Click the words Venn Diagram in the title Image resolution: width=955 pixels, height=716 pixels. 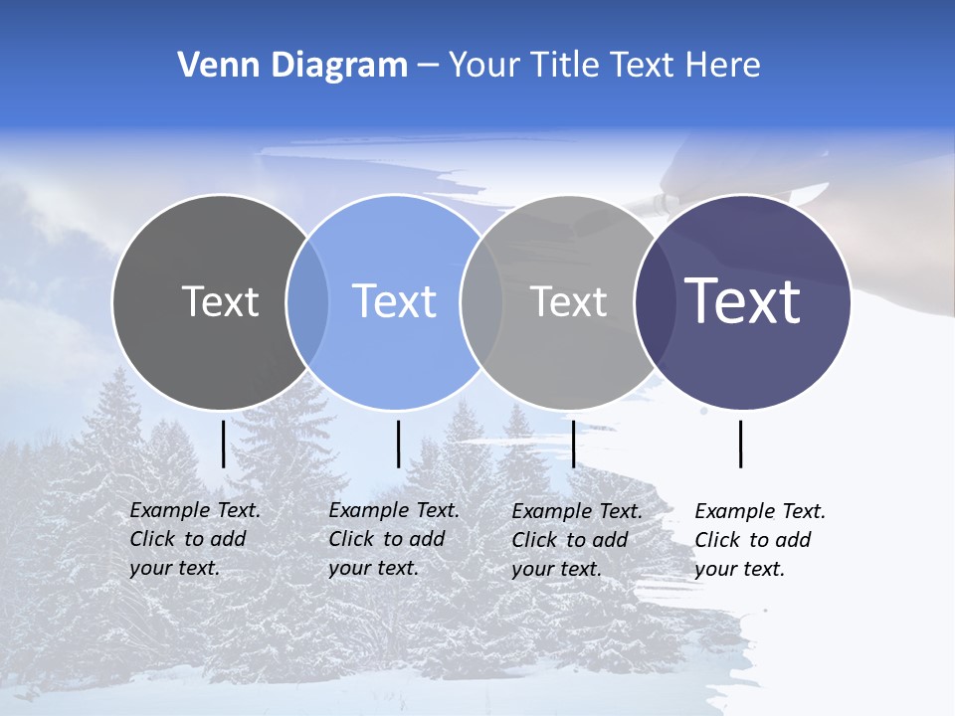tap(292, 66)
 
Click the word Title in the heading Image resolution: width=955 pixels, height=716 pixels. tap(571, 66)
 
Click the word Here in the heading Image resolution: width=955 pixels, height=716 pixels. tap(723, 66)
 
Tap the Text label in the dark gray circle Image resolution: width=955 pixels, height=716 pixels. tap(220, 301)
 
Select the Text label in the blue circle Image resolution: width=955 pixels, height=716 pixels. tap(394, 301)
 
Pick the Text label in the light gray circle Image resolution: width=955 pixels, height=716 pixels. tap(568, 301)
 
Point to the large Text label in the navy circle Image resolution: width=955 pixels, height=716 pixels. tap(742, 301)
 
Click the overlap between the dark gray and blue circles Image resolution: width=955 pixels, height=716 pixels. tap(307, 301)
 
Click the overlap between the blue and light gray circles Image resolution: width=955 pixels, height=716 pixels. tap(481, 301)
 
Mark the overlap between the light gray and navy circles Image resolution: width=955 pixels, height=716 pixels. tap(652, 301)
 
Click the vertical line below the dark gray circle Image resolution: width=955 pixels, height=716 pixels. tap(223, 444)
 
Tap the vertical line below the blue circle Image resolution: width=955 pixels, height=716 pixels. tap(398, 444)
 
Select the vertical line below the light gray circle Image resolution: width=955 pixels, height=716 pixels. tap(573, 444)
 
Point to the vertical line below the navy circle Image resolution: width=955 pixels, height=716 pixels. tap(740, 444)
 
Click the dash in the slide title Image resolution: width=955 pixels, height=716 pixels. tap(428, 67)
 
